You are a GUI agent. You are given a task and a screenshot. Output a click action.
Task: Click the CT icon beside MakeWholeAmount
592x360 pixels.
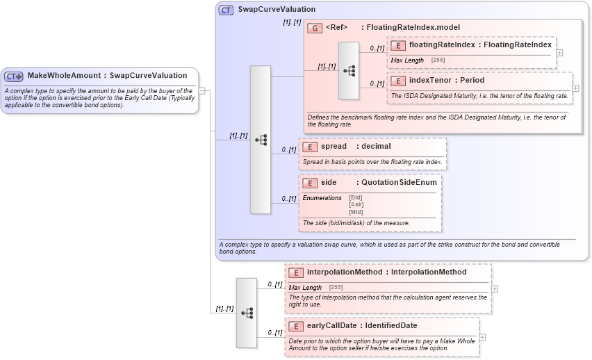[x=14, y=76]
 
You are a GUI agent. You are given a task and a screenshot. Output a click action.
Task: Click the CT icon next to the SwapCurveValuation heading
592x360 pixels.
[x=226, y=10]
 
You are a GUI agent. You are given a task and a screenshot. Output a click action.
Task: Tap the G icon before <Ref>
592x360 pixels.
[x=315, y=28]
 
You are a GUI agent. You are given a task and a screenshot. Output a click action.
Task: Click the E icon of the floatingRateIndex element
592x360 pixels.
[x=398, y=45]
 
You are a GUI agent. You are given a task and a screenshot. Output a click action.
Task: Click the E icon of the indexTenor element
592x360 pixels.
[x=398, y=81]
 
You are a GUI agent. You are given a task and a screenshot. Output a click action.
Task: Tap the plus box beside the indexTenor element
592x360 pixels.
[x=575, y=88]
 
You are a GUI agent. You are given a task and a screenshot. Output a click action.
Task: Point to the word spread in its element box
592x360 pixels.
[x=334, y=147]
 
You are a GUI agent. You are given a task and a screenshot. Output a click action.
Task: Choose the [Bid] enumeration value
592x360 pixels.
[x=355, y=197]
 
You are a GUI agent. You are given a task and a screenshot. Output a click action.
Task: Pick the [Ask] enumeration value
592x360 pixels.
[x=356, y=204]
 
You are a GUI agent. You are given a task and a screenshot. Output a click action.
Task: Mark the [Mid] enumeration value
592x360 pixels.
[x=355, y=211]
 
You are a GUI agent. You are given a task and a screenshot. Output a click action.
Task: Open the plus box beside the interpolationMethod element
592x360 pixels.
[x=494, y=288]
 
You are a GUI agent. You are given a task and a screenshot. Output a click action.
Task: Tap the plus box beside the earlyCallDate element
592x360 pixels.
[x=482, y=337]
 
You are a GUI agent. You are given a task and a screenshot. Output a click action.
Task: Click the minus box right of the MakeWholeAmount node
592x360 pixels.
[x=202, y=90]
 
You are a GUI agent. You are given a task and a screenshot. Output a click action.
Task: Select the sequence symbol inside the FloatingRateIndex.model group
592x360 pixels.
[x=349, y=70]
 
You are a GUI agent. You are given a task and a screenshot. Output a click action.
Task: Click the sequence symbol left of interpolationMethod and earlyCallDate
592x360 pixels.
[x=247, y=313]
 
